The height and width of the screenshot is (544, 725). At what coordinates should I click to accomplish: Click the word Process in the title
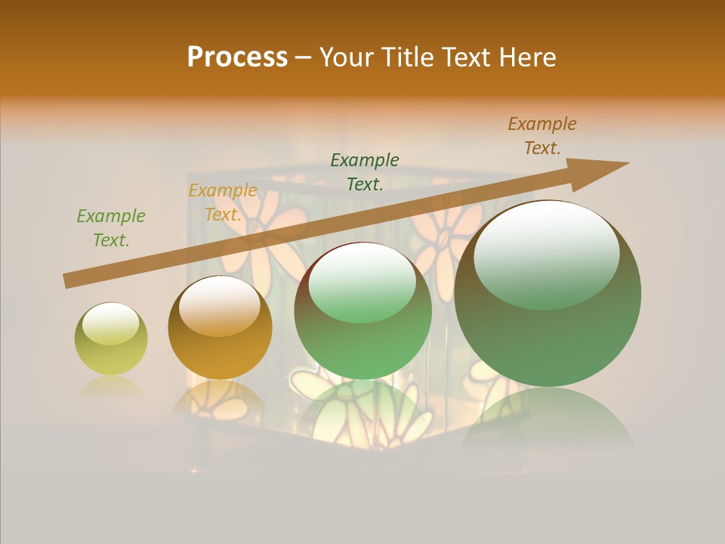(237, 57)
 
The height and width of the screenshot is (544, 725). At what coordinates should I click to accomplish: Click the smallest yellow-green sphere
(111, 338)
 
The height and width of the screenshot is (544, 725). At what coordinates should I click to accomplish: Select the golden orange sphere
(220, 327)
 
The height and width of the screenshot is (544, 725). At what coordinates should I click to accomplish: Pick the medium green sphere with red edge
(363, 311)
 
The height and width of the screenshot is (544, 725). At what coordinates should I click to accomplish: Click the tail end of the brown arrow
(66, 281)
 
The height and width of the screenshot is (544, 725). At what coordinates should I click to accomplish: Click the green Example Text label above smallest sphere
(111, 228)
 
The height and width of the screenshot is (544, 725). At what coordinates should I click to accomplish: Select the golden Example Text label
(223, 202)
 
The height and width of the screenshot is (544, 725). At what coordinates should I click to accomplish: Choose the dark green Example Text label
(365, 172)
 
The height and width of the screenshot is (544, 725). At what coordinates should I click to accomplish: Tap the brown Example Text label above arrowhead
(542, 136)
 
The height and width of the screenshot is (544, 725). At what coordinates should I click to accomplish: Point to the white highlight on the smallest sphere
(111, 323)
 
